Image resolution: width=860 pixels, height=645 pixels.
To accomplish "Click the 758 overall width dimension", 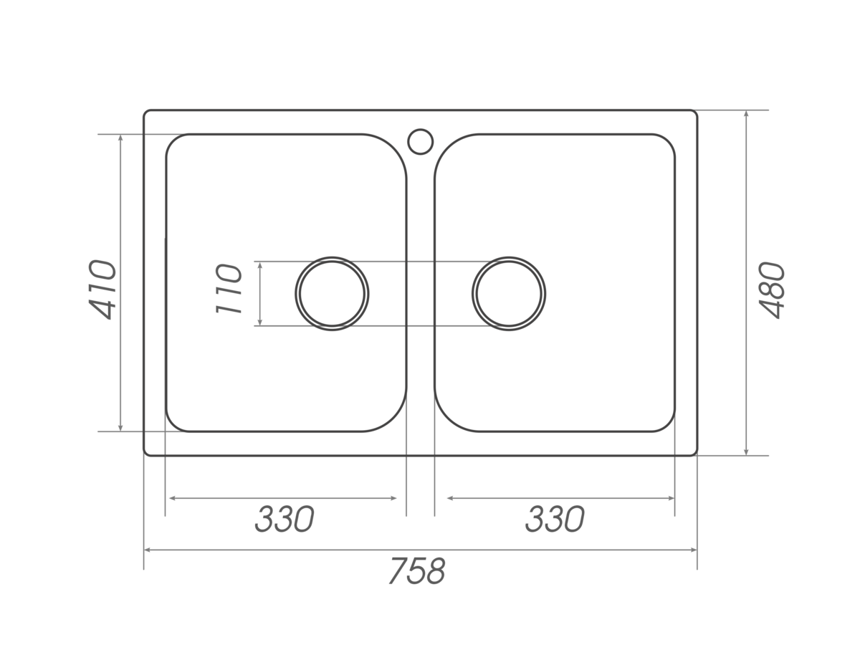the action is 417,570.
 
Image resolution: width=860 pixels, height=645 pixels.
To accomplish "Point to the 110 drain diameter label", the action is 229,290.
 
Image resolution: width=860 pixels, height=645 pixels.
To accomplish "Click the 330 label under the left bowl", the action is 285,519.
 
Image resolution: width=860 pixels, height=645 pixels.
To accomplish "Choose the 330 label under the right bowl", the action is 555,519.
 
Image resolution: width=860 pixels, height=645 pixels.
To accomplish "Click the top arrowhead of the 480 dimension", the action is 746,113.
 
